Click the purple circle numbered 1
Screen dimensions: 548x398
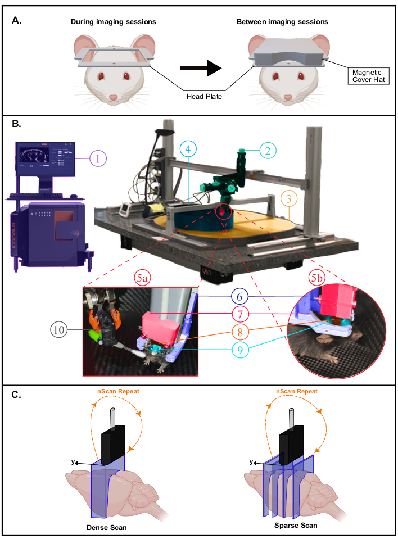(98, 158)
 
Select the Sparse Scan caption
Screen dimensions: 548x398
(296, 526)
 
